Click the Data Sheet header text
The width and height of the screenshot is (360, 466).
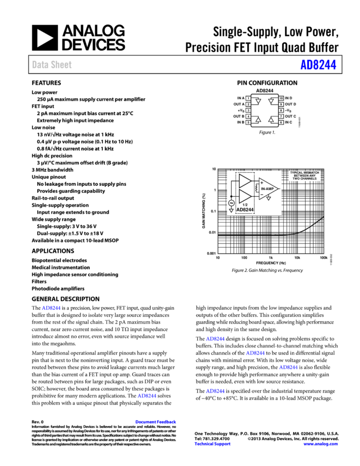click(52, 65)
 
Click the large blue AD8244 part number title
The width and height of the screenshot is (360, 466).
click(318, 65)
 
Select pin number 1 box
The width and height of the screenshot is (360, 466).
click(248, 98)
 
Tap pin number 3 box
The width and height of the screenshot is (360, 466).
click(248, 110)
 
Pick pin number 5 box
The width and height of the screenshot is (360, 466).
click(248, 122)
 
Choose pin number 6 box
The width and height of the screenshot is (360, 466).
click(281, 122)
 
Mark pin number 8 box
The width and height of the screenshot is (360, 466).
click(281, 110)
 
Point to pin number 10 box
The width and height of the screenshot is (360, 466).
click(281, 98)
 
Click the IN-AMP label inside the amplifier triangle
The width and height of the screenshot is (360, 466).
click(267, 188)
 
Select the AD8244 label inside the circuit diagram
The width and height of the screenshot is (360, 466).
click(245, 209)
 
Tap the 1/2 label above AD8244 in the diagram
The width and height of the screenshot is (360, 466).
click(245, 203)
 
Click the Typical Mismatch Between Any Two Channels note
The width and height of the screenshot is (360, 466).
click(304, 176)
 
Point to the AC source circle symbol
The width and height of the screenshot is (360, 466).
click(231, 203)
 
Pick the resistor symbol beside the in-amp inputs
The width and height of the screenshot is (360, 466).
click(256, 188)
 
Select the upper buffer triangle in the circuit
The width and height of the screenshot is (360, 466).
click(244, 180)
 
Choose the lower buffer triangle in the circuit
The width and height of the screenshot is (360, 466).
click(244, 195)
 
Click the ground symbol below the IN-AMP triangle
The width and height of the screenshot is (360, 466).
click(268, 198)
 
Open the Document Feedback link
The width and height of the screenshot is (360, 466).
click(156, 422)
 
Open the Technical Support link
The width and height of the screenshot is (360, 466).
click(212, 444)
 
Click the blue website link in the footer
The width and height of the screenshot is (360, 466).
click(320, 444)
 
